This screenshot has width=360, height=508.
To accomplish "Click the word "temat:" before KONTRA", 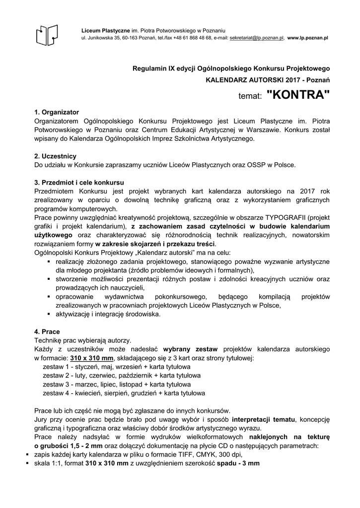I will tap(250, 97).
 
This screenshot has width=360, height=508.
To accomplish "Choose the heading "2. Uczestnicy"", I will tap(55, 156).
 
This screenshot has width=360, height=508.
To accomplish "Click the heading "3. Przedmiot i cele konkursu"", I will tap(79, 182).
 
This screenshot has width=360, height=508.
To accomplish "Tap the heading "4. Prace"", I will tap(47, 331).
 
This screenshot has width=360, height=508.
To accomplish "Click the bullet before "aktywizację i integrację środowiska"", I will tap(49, 314).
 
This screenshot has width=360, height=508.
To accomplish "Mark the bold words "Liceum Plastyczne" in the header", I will tap(105, 31).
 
